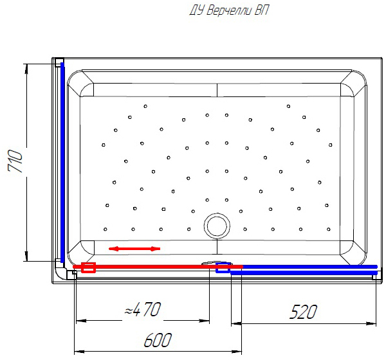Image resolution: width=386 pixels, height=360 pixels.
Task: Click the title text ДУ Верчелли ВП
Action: pos(228,10)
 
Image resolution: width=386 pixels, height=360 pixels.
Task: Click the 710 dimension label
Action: pos(15,161)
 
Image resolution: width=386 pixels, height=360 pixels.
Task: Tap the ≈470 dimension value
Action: pos(143,309)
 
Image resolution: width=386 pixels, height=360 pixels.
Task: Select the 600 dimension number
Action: pos(158,340)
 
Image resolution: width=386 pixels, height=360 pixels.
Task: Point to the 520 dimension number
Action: pos(303,312)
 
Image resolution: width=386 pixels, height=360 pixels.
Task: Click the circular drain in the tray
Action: pos(217,226)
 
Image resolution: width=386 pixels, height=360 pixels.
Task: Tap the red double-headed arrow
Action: pos(134,249)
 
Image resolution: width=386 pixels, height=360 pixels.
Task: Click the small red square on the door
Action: pos(88,267)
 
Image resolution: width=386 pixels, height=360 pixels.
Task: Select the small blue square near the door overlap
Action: pos(223,267)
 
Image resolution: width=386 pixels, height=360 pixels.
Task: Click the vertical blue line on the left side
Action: pos(62,163)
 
